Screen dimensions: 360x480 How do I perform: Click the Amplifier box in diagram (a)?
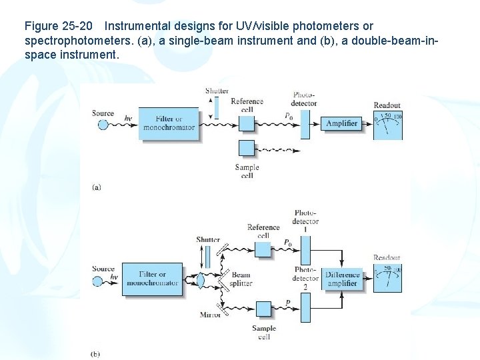[x=341, y=123]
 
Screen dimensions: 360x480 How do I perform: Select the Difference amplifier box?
[x=343, y=279]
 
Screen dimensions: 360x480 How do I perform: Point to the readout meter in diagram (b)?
[x=387, y=279]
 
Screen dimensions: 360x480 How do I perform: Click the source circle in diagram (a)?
[x=103, y=124]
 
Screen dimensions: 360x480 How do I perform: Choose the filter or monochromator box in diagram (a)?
[x=169, y=123]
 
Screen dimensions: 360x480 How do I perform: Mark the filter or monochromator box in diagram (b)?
[x=153, y=279]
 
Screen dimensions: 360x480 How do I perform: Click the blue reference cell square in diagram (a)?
[x=247, y=123]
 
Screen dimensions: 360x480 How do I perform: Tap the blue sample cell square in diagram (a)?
[x=247, y=149]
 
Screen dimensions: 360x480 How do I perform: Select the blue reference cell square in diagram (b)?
[x=263, y=249]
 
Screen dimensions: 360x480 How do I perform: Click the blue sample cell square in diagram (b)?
[x=263, y=309]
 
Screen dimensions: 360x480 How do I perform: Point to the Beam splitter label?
[x=241, y=279]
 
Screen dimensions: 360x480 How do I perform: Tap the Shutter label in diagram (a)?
[x=217, y=91]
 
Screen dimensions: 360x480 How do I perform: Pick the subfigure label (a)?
[x=96, y=187]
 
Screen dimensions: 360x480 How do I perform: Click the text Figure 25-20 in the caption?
[x=58, y=27]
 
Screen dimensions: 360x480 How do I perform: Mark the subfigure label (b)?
[x=95, y=353]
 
